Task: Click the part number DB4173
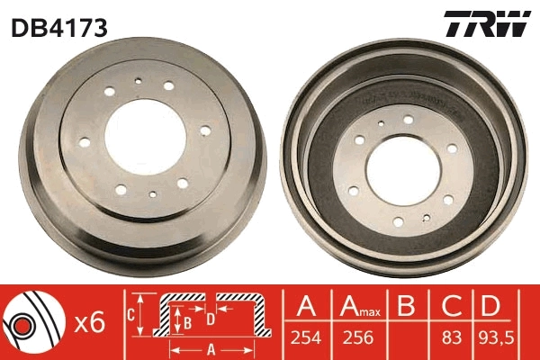click(x=59, y=28)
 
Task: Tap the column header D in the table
click(x=491, y=309)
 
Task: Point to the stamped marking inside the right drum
click(x=414, y=94)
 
